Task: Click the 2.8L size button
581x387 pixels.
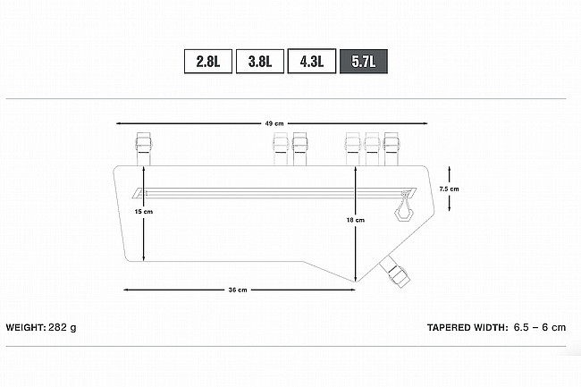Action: [208, 61]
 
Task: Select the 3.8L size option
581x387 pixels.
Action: [260, 61]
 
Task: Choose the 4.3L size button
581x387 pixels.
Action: [312, 61]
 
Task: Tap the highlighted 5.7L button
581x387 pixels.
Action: [364, 61]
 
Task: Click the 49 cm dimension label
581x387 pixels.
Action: [274, 123]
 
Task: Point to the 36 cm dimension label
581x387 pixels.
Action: [238, 290]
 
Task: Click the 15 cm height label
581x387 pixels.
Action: [144, 212]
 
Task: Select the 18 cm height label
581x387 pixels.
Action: [356, 220]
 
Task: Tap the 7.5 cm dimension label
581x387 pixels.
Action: [449, 189]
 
